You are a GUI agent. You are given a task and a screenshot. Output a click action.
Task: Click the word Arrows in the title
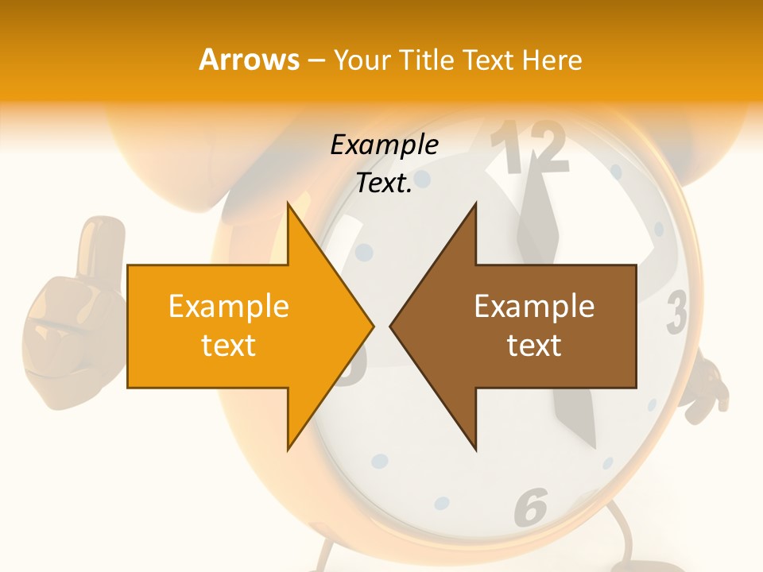249,60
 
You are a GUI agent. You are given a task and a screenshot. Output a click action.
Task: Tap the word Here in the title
552,60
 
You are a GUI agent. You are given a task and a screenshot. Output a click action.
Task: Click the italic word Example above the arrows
384,145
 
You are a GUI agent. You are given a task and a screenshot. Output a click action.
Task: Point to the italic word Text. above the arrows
384,183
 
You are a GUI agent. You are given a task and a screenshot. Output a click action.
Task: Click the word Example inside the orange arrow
229,306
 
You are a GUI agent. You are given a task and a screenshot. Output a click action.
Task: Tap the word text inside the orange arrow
229,345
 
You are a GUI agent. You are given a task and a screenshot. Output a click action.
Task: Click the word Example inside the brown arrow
534,306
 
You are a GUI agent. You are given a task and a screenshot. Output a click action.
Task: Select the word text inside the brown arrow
534,345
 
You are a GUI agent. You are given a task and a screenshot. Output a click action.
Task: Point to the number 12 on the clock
529,149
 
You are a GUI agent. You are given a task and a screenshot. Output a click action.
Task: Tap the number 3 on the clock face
676,311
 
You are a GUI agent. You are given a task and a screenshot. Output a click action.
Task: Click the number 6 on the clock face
530,506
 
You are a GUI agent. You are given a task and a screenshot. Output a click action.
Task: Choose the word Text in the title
487,60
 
